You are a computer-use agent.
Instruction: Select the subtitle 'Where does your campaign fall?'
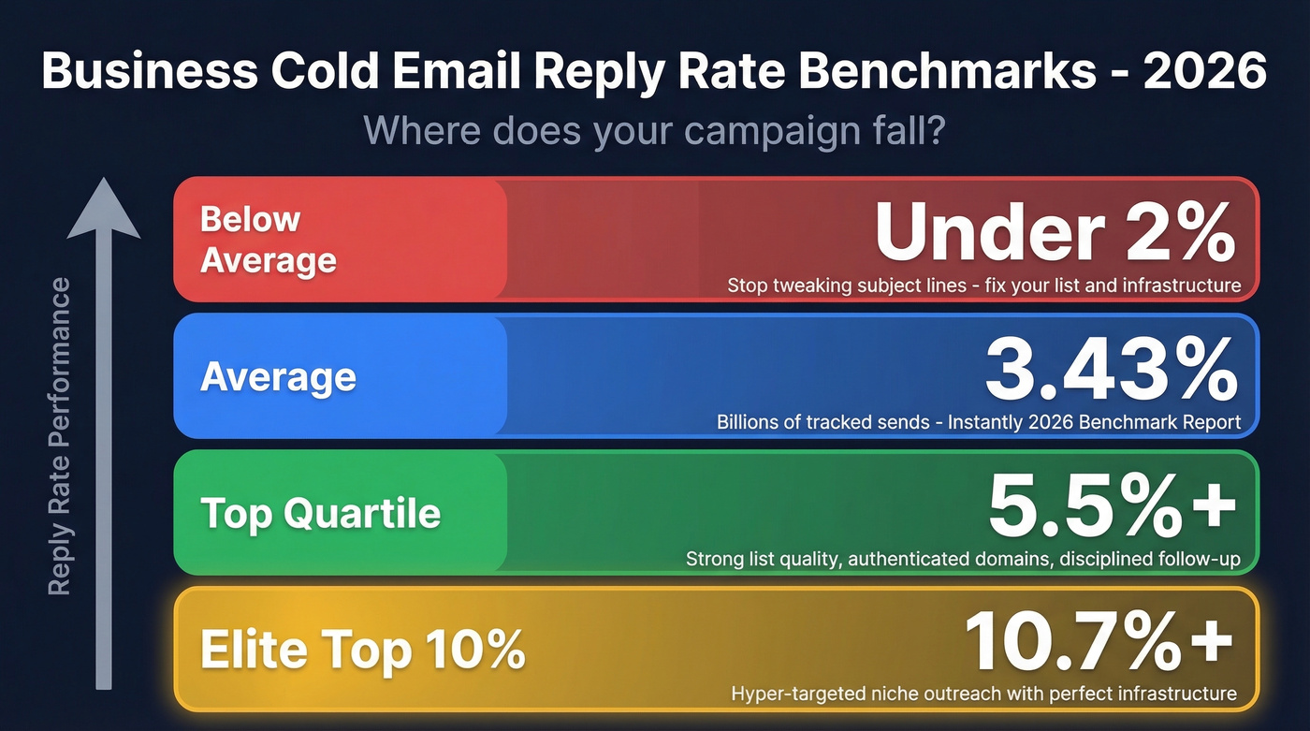click(x=654, y=130)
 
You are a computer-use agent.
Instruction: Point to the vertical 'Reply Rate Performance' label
click(x=60, y=435)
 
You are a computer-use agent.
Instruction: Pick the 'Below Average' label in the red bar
click(x=268, y=240)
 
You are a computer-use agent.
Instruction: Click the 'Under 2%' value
click(x=1055, y=234)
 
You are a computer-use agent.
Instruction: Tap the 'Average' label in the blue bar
click(x=278, y=376)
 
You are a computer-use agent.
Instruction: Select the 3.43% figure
click(x=1112, y=371)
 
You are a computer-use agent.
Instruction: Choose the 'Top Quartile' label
click(x=320, y=513)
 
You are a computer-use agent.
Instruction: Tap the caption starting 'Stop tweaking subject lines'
click(x=983, y=285)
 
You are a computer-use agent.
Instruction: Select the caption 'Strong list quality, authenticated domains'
click(x=963, y=560)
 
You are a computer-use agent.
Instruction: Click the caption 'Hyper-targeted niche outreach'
click(x=983, y=694)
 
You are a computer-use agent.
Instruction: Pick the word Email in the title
click(x=462, y=71)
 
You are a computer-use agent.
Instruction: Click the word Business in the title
click(x=150, y=71)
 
